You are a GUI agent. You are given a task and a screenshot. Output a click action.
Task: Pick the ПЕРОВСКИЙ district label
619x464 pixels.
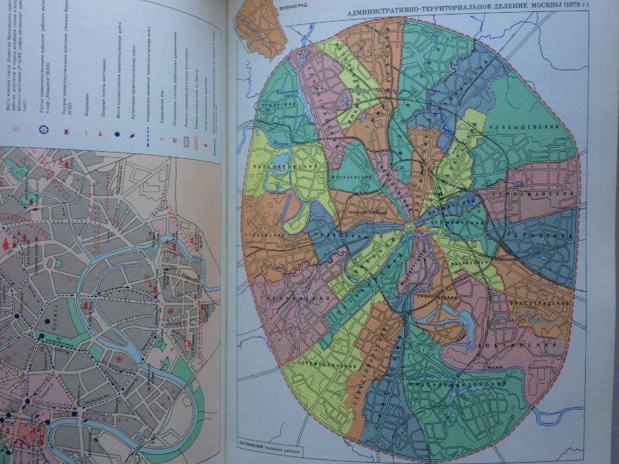tap(537, 237)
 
